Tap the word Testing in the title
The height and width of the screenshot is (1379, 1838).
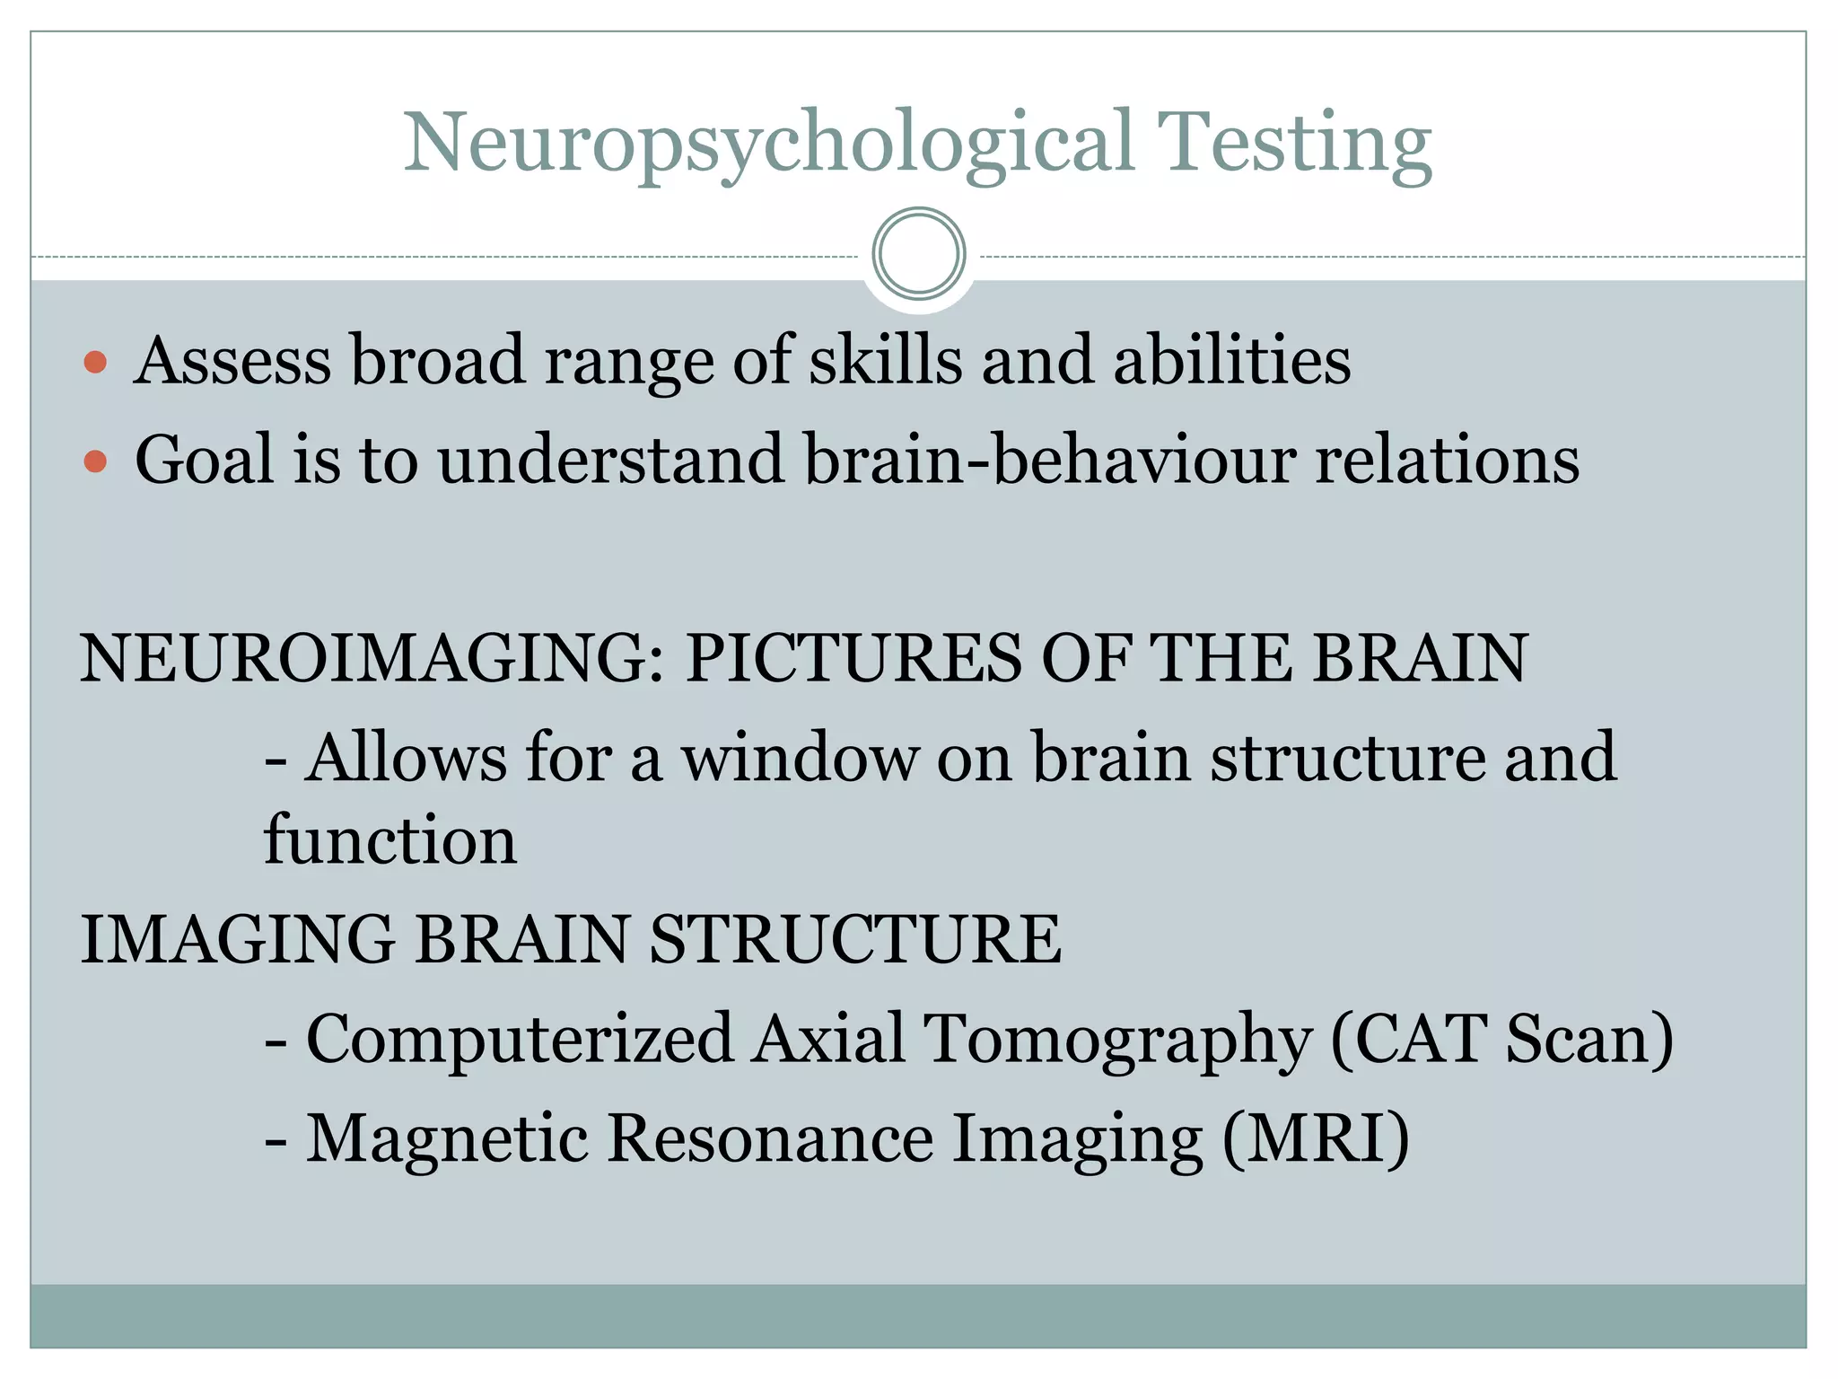click(x=1293, y=144)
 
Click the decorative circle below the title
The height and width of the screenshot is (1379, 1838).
click(x=918, y=254)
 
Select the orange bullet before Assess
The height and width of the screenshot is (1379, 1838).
click(x=95, y=364)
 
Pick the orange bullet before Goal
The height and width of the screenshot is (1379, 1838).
click(x=95, y=462)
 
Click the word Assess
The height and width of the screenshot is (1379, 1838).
click(x=232, y=361)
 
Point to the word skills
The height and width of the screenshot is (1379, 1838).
click(x=885, y=361)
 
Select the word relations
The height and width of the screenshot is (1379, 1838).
click(x=1447, y=460)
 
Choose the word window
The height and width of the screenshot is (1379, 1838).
click(x=800, y=759)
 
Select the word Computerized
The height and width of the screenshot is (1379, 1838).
click(x=520, y=1040)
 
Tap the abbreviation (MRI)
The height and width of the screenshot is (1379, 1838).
click(x=1316, y=1139)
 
